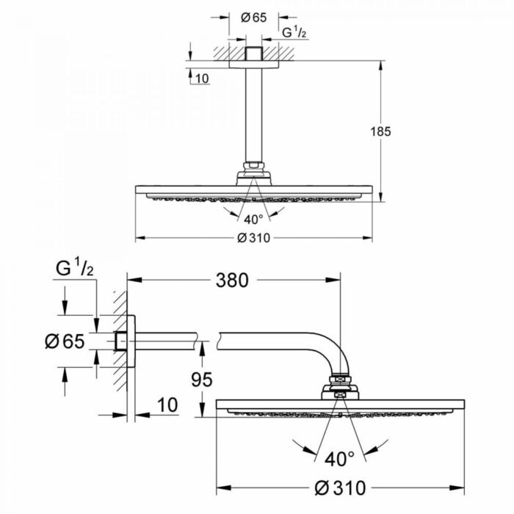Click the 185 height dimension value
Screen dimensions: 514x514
(x=380, y=131)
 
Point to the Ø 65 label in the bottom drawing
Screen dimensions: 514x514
(x=65, y=341)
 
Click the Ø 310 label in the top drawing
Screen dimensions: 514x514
(x=253, y=238)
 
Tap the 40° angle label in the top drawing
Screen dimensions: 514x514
(x=253, y=218)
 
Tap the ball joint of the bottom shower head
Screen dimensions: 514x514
(x=340, y=388)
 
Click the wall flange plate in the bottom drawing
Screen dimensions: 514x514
(x=131, y=341)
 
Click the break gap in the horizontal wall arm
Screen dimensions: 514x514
(x=208, y=341)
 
